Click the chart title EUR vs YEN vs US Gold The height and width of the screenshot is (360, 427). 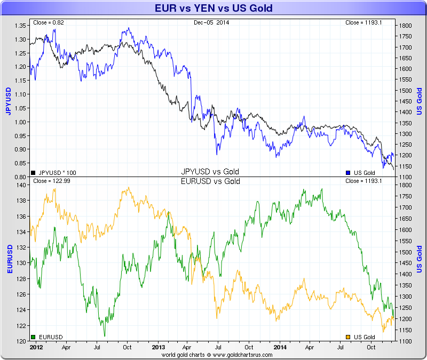coord(213,8)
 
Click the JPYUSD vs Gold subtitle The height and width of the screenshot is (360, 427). coord(210,172)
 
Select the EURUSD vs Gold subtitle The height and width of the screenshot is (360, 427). coord(210,181)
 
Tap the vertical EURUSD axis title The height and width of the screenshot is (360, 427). coord(9,259)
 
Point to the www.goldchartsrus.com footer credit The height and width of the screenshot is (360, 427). coord(213,354)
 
